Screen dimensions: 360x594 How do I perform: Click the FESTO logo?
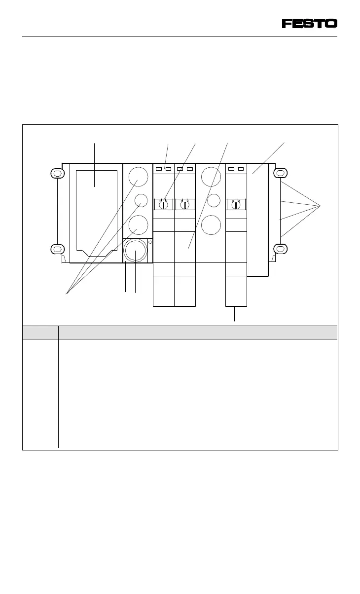[x=309, y=23]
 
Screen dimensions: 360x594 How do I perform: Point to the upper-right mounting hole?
[x=280, y=174]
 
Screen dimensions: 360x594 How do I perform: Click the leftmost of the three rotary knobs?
[x=163, y=204]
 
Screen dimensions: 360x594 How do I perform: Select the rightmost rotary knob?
[x=236, y=204]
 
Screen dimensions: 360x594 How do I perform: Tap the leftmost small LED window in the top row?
[x=159, y=169]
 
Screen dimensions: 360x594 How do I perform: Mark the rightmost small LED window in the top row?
[x=241, y=169]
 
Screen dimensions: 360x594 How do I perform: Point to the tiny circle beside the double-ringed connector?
[x=150, y=242]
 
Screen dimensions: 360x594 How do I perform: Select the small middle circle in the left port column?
[x=141, y=200]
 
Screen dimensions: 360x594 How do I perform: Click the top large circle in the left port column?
[x=138, y=177]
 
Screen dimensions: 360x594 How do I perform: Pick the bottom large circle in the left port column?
[x=138, y=225]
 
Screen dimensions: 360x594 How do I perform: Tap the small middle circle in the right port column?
[x=213, y=200]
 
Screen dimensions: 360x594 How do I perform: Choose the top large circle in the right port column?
[x=211, y=177]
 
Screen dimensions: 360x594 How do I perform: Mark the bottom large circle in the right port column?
[x=211, y=225]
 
